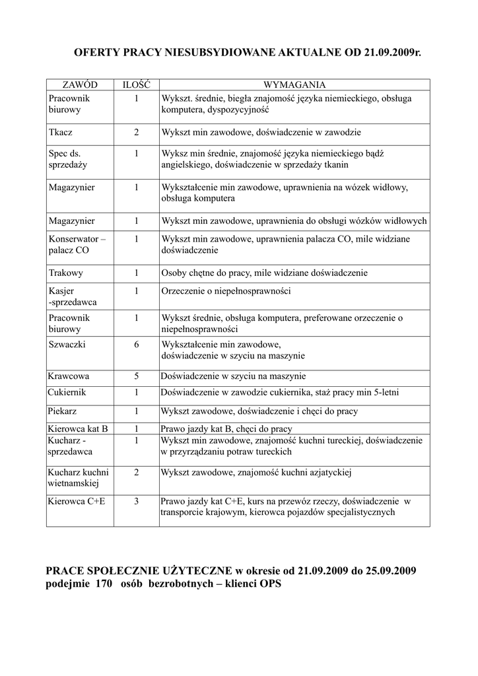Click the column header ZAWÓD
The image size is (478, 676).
80,85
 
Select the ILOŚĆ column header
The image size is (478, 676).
136,85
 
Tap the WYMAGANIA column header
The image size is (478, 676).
294,85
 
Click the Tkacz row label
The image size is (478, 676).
61,132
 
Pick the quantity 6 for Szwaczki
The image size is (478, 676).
136,345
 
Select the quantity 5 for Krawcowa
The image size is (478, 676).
136,377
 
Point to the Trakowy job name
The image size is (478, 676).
65,273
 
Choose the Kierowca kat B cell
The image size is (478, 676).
78,428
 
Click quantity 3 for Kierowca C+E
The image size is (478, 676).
136,501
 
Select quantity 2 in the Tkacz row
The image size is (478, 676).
136,132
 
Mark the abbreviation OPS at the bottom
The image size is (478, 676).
271,584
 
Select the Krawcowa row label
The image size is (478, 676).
69,377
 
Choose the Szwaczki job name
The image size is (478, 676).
67,345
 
